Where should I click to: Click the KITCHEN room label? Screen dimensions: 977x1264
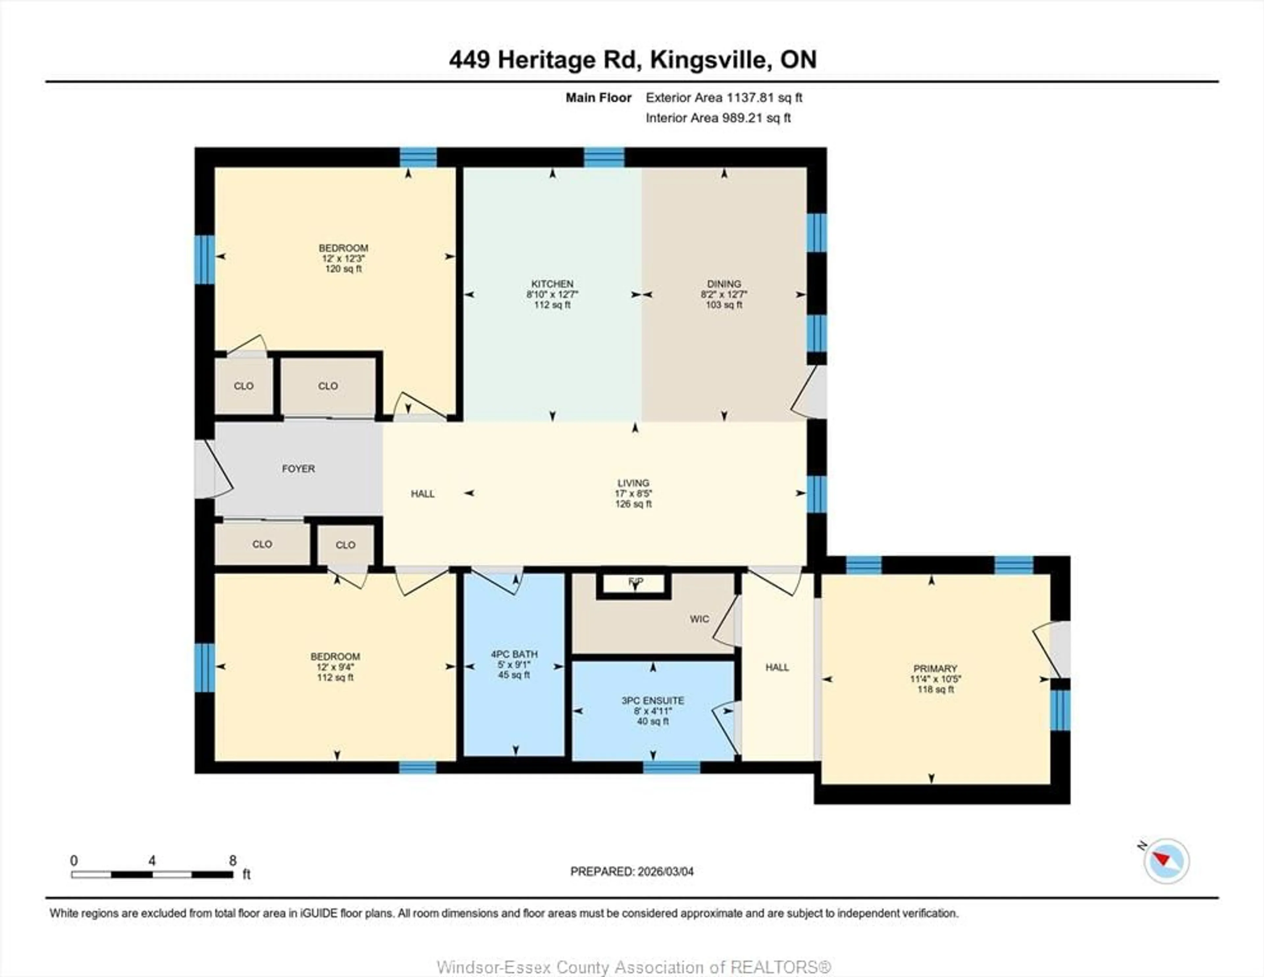click(x=552, y=284)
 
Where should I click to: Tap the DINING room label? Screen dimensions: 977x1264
click(x=724, y=284)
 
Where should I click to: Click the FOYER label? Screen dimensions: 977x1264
click(x=298, y=468)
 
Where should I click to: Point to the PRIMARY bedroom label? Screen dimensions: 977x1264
click(x=935, y=668)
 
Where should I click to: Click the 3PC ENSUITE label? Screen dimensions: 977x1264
click(x=653, y=700)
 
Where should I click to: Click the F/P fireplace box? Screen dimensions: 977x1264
click(x=634, y=584)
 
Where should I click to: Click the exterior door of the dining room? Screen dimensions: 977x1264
click(x=813, y=392)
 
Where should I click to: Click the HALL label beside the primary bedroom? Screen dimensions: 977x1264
click(x=777, y=667)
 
